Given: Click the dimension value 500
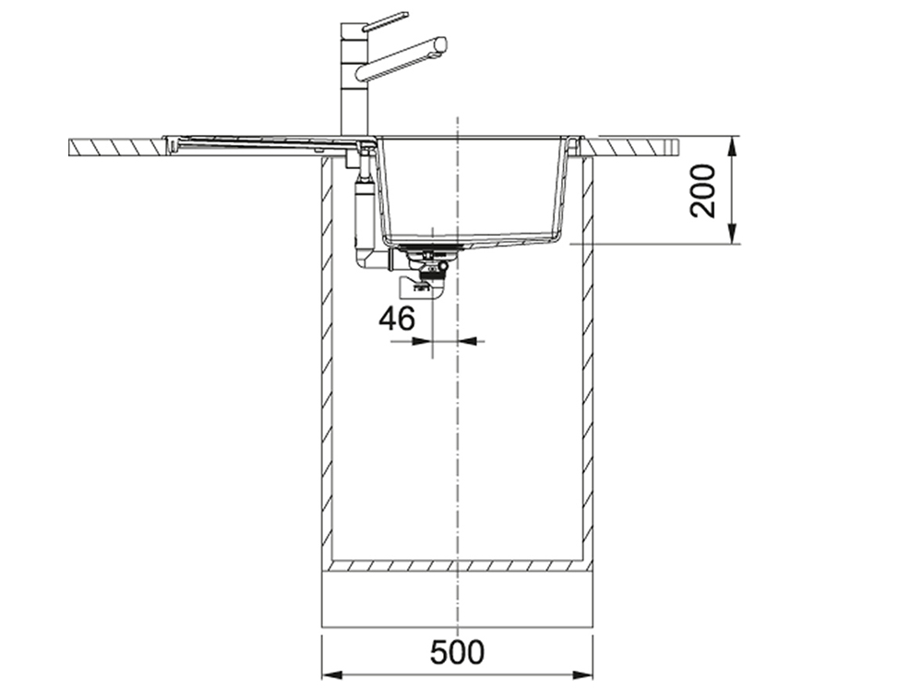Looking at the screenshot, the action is point(457,652).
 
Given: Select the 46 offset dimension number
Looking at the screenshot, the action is point(397,319).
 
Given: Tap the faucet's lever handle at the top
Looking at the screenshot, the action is point(385,20).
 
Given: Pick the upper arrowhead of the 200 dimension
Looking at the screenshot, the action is point(732,147).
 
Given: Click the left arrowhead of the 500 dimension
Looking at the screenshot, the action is point(332,675).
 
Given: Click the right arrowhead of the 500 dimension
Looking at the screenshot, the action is point(581,675).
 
